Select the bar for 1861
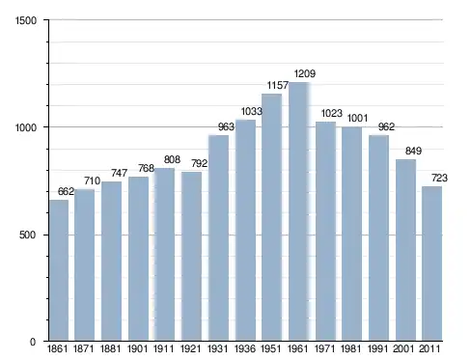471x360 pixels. pyautogui.click(x=59, y=270)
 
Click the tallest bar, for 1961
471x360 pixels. pyautogui.click(x=299, y=211)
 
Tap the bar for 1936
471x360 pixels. pyautogui.click(x=245, y=231)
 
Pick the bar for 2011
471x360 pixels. pyautogui.click(x=431, y=263)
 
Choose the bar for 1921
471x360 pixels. pyautogui.click(x=191, y=256)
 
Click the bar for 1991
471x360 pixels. pyautogui.click(x=378, y=238)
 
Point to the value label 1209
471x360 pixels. pyautogui.click(x=305, y=73)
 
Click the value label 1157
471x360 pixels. pyautogui.click(x=278, y=85)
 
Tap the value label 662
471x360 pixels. pyautogui.click(x=66, y=191)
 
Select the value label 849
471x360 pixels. pyautogui.click(x=413, y=151)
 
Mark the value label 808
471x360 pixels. pyautogui.click(x=172, y=159)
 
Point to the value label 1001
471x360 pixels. pyautogui.click(x=357, y=118)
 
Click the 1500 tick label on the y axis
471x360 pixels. pyautogui.click(x=26, y=20)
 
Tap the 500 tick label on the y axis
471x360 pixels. pyautogui.click(x=27, y=235)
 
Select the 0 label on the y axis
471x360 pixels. pyautogui.click(x=33, y=342)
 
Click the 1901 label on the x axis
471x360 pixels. pyautogui.click(x=137, y=348)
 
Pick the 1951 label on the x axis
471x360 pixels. pyautogui.click(x=271, y=348)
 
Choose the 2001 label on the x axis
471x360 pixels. pyautogui.click(x=403, y=348)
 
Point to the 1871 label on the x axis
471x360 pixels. pyautogui.click(x=84, y=348)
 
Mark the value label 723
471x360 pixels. pyautogui.click(x=439, y=178)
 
